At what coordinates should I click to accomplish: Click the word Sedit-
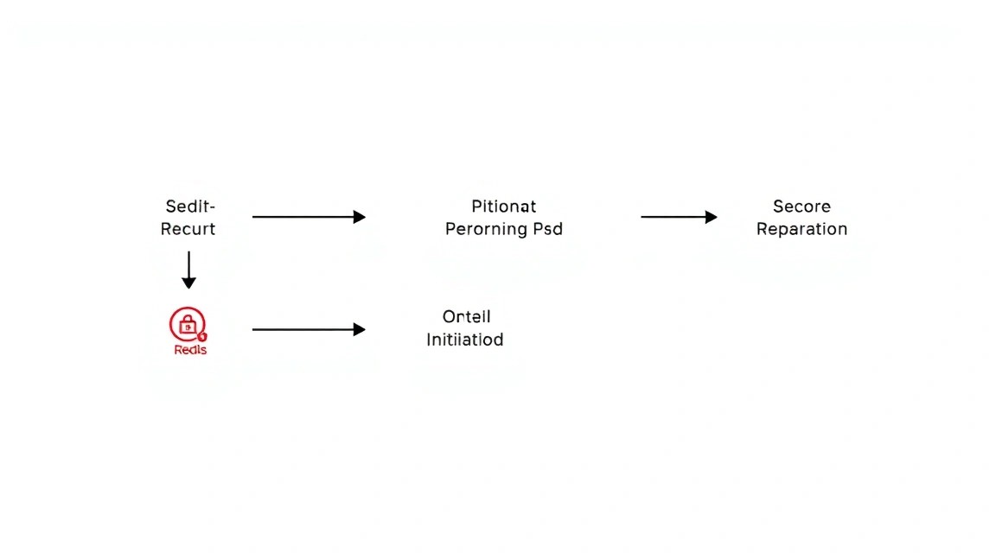click(190, 207)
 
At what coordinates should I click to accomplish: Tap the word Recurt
click(188, 229)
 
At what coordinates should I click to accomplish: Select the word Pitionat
click(504, 207)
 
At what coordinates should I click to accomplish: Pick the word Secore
click(801, 207)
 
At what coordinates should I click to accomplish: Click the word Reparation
click(801, 229)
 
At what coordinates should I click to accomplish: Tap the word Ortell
click(467, 316)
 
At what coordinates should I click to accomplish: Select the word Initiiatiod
click(465, 340)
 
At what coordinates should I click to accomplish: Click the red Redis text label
click(190, 350)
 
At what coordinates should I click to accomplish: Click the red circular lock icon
click(188, 324)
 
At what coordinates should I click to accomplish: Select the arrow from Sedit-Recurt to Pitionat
click(309, 217)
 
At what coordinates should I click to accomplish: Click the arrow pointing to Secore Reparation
click(679, 217)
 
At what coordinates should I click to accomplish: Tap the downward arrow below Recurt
click(188, 270)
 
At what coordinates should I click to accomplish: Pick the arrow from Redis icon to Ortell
click(309, 329)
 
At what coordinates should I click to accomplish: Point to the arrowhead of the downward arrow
click(188, 283)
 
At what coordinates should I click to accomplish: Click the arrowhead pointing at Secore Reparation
click(712, 217)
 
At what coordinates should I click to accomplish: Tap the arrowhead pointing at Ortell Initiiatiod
click(360, 329)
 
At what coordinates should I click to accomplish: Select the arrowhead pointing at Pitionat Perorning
click(360, 217)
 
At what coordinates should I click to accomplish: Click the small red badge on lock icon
click(202, 336)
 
